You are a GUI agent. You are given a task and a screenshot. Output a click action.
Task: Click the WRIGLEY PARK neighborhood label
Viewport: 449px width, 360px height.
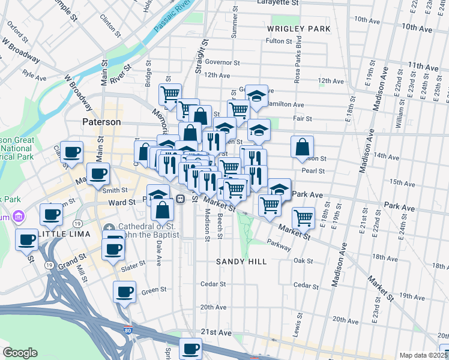299,29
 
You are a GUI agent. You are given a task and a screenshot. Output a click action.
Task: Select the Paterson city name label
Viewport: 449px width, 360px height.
101,122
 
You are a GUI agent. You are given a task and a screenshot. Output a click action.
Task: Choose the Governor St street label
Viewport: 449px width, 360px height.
222,62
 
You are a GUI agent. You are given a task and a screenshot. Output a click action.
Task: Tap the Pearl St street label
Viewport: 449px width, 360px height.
313,171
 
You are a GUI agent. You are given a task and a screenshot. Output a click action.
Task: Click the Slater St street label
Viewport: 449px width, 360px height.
133,263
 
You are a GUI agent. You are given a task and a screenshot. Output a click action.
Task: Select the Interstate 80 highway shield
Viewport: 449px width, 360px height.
128,329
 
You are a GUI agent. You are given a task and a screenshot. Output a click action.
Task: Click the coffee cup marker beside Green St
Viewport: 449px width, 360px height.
124,293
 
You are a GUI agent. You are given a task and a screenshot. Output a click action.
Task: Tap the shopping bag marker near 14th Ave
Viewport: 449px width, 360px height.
303,146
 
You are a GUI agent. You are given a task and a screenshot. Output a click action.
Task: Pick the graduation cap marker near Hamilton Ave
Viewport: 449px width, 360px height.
256,97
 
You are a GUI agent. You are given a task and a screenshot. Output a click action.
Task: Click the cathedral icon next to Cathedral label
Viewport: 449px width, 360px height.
108,228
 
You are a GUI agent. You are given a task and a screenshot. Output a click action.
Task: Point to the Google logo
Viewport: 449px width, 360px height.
20,353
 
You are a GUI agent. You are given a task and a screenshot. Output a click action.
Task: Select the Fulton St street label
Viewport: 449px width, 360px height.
279,41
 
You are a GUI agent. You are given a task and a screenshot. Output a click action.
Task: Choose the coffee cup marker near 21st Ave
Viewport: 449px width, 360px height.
191,348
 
